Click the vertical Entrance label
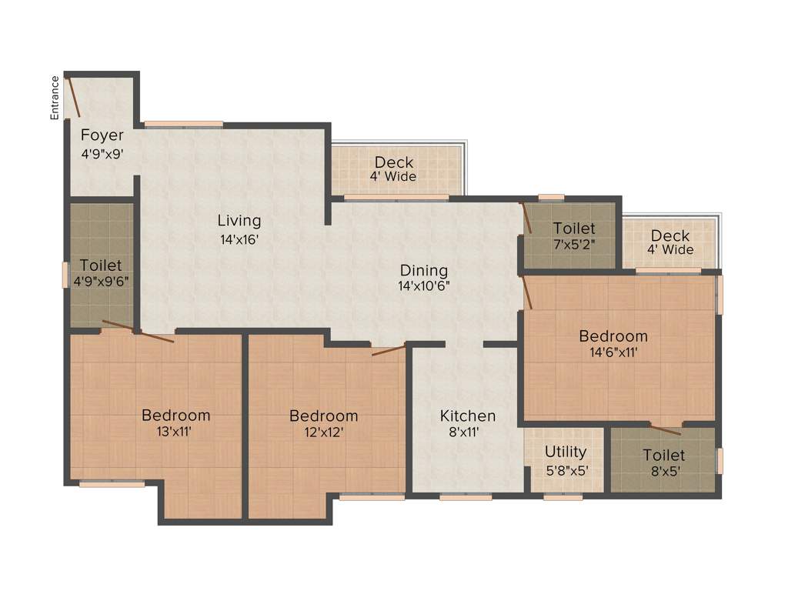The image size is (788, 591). click(x=55, y=98)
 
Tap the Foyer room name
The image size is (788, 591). click(x=102, y=136)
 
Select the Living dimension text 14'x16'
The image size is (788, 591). click(x=239, y=239)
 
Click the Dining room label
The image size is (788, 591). click(x=423, y=270)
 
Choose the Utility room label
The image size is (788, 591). click(x=566, y=452)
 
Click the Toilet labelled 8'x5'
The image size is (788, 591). click(x=663, y=456)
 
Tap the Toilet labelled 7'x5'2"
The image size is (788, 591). click(x=574, y=229)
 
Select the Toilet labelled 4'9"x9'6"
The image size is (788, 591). click(x=101, y=265)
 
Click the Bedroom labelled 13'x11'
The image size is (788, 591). click(x=175, y=416)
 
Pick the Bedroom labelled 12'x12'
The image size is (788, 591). click(x=323, y=416)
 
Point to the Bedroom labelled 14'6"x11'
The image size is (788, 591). click(x=613, y=336)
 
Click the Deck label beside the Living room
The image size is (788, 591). click(x=394, y=162)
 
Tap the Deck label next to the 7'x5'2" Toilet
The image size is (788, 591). click(x=670, y=235)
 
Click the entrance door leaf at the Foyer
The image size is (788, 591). click(x=72, y=97)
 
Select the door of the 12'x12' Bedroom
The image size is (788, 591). click(x=389, y=351)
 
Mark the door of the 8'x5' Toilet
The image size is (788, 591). click(x=665, y=429)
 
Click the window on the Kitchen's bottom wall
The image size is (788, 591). click(x=466, y=497)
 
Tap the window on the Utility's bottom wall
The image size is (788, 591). click(x=563, y=497)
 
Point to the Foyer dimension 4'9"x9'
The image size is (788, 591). click(x=102, y=153)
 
